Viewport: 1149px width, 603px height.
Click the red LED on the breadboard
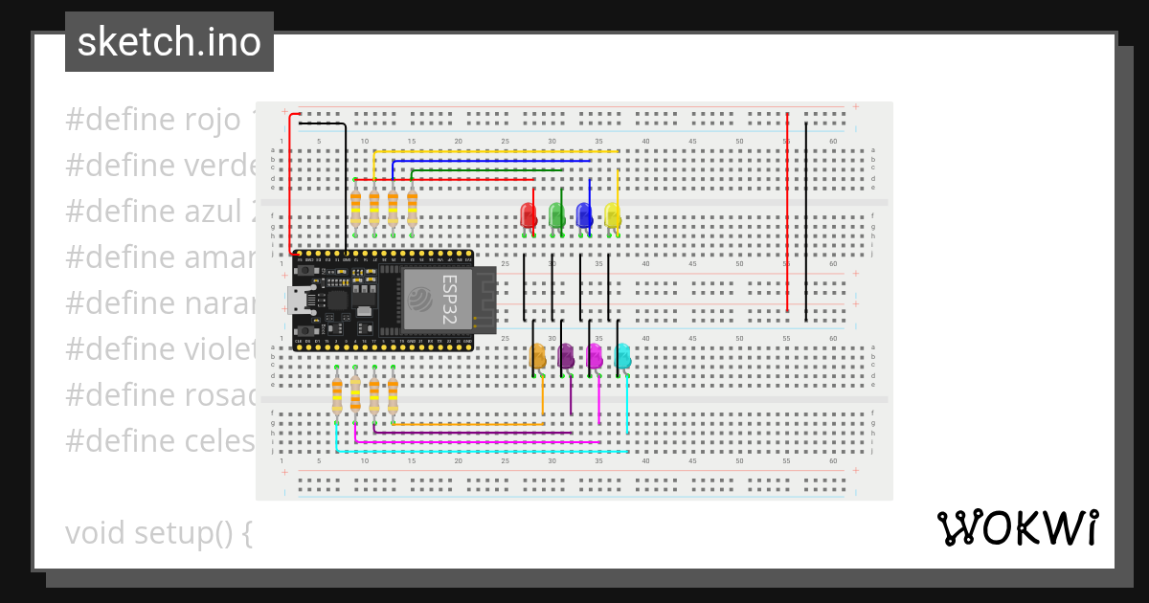coord(528,214)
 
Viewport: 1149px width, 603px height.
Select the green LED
coord(556,214)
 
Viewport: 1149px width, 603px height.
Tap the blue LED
coord(584,214)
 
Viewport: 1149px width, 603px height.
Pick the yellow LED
coord(613,214)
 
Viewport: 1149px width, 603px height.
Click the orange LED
coord(538,356)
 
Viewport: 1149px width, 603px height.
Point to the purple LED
coord(566,356)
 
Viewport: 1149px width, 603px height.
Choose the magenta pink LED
coord(595,356)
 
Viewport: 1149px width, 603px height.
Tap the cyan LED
coord(622,356)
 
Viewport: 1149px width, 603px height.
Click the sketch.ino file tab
coord(169,42)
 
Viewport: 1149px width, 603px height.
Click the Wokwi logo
coord(1017,528)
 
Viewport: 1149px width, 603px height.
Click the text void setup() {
coord(158,533)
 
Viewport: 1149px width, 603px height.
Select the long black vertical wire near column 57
coord(806,220)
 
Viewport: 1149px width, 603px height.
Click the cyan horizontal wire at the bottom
coord(479,451)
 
